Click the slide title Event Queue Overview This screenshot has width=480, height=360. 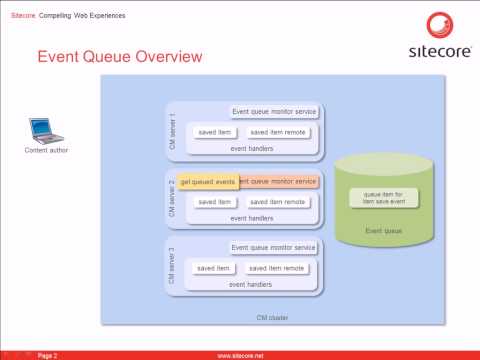(x=119, y=57)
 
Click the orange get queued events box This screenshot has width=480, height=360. (x=207, y=181)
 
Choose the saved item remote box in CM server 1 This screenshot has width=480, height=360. (x=276, y=132)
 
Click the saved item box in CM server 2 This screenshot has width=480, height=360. (x=214, y=201)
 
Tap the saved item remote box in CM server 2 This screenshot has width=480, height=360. (x=276, y=201)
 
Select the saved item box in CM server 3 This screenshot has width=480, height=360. (x=214, y=268)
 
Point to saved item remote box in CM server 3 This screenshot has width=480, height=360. (x=276, y=268)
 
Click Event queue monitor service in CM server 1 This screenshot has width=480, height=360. (x=274, y=112)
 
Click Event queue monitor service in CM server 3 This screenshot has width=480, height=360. (x=274, y=247)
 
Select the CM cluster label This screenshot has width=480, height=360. (x=273, y=317)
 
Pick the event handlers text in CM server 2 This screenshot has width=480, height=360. (x=251, y=217)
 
